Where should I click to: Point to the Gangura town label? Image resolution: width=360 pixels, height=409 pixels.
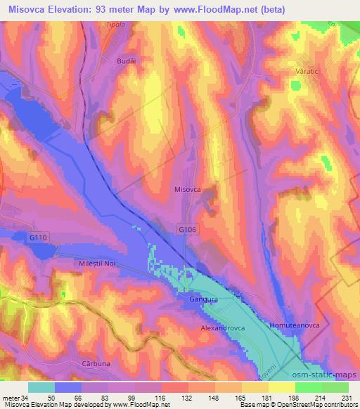pos(203,300)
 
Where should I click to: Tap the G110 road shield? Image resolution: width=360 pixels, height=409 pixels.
pos(39,239)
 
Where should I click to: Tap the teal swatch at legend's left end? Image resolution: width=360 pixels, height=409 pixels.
pos(41,387)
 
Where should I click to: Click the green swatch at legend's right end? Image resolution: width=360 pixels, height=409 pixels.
pos(335,387)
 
